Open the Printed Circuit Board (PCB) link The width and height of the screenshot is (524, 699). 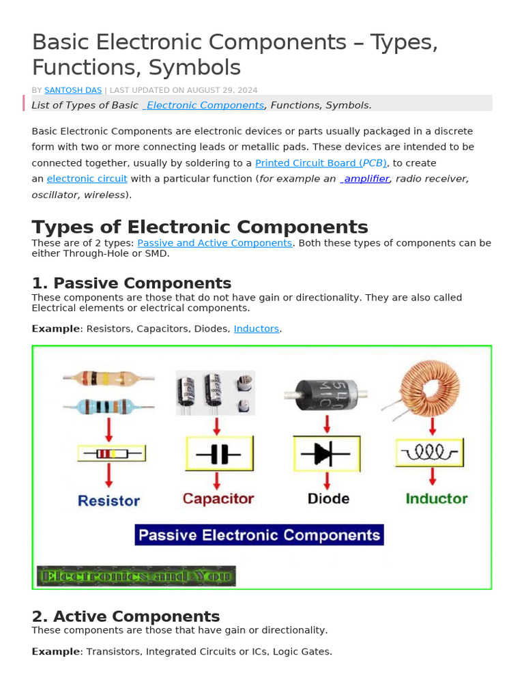321,163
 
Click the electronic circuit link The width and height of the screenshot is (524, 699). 87,179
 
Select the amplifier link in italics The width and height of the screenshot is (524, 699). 366,179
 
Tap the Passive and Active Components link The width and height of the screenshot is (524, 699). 215,243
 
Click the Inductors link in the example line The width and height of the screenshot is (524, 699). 257,329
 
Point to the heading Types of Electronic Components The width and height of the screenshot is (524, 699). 200,227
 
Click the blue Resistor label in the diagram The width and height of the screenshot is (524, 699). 108,501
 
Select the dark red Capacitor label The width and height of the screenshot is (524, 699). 218,499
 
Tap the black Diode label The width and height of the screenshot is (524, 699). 328,499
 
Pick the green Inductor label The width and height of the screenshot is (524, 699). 437,498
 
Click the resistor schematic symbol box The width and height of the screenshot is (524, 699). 111,453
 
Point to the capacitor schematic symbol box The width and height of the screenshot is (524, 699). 219,454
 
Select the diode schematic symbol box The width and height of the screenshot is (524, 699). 327,454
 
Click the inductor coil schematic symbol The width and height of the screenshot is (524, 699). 430,452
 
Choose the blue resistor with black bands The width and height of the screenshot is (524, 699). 109,406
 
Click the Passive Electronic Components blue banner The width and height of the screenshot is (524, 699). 259,534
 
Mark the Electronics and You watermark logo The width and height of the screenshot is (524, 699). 136,576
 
